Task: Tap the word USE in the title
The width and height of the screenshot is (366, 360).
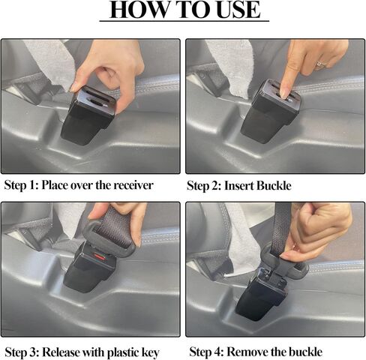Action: click(235, 10)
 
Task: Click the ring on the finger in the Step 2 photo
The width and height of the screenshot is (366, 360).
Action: click(321, 64)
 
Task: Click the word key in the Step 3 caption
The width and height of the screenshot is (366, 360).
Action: click(151, 351)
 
